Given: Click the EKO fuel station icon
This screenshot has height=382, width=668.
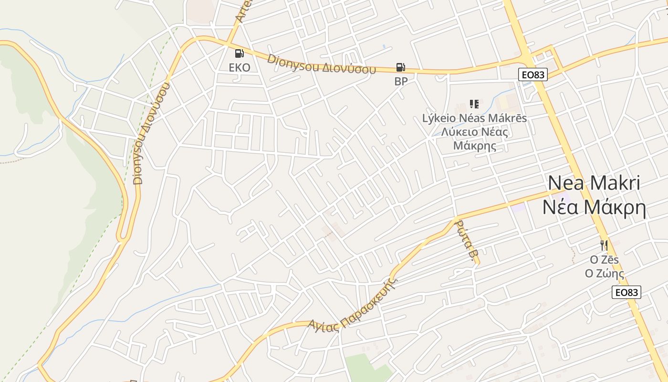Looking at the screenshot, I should point(240,53).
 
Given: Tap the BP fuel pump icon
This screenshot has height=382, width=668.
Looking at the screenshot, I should point(401,68).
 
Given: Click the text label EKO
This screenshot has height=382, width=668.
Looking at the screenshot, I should point(240,67).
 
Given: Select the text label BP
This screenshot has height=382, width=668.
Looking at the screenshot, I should point(401,82).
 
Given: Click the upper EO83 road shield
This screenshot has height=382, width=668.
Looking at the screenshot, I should point(533,74).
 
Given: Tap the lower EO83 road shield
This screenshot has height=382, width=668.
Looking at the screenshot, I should point(626,293).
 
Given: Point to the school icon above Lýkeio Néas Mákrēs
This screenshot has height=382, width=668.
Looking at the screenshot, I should point(474,104).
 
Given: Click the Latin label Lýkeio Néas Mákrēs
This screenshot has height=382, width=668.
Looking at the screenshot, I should point(474,118).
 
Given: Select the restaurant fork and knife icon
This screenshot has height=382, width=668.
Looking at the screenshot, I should point(604,245).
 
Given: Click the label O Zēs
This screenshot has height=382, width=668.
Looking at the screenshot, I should point(605,260).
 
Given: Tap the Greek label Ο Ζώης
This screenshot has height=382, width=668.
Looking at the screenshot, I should point(605,274).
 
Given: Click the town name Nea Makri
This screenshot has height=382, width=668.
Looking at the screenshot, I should point(594,183).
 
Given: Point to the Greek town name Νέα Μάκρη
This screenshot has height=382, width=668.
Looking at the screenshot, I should point(594,208).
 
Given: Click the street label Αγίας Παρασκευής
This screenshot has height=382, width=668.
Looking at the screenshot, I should point(353,306).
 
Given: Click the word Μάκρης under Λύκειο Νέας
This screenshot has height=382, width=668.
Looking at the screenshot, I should point(474,146).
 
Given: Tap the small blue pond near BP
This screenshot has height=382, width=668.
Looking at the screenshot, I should point(384,47).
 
